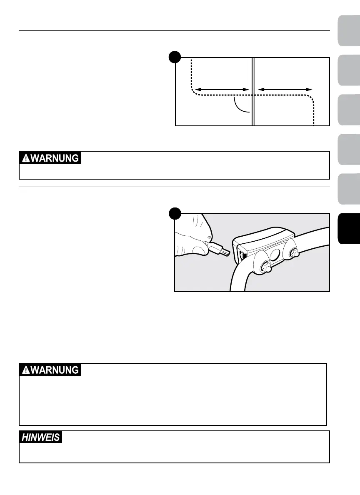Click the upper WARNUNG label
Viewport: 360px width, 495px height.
click(x=50, y=158)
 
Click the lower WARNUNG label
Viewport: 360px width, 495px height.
click(x=50, y=370)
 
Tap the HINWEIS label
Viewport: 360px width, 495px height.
click(x=41, y=437)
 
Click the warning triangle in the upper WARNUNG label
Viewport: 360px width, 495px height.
click(x=26, y=158)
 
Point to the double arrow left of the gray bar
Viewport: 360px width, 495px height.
click(x=222, y=89)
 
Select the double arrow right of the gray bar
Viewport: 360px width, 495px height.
click(x=285, y=89)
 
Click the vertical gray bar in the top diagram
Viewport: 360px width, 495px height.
click(x=253, y=92)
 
